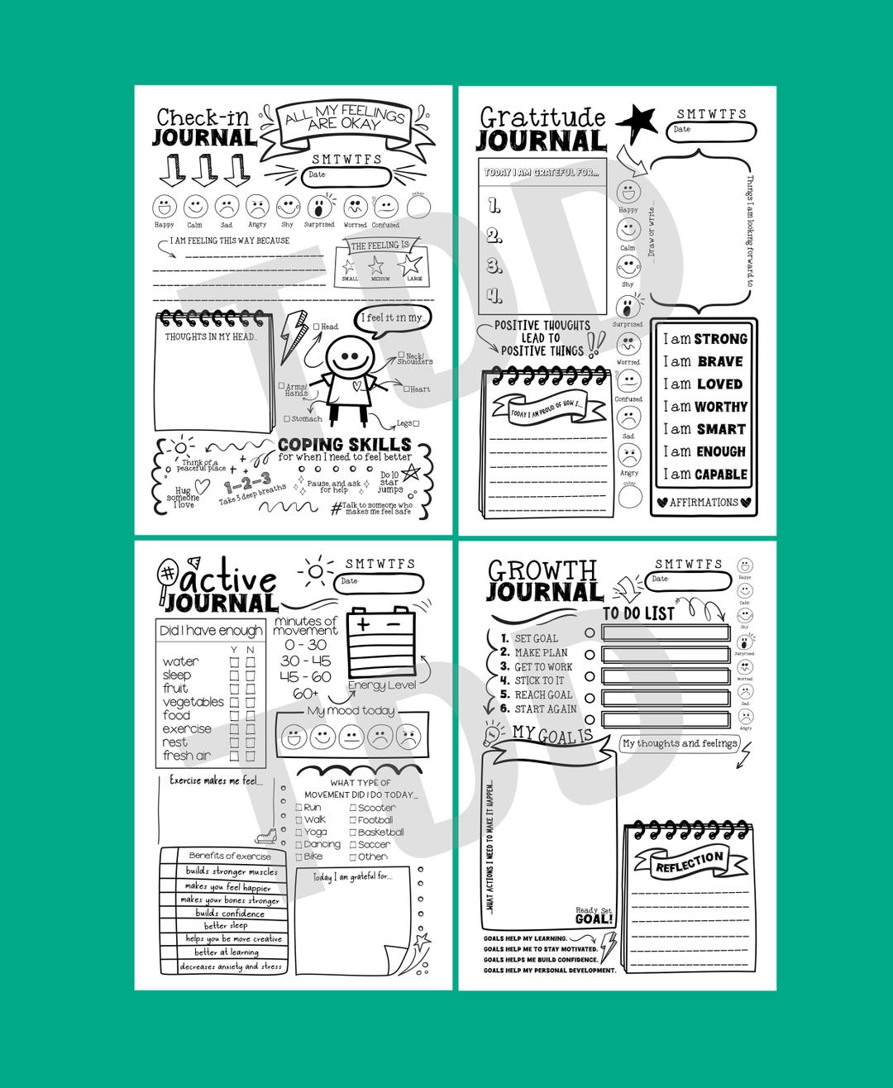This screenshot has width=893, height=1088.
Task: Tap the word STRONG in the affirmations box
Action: [720, 339]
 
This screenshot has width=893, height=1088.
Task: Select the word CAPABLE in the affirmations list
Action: [721, 475]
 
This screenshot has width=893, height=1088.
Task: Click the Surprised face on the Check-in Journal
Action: [319, 207]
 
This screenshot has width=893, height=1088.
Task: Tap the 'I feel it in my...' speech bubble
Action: [395, 318]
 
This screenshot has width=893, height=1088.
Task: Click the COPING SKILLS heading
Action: [344, 444]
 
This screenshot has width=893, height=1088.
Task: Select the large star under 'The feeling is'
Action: [410, 264]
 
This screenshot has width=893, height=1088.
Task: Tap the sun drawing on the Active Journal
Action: [315, 571]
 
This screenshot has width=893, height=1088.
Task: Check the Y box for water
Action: [234, 662]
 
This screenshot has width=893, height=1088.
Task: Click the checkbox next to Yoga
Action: [298, 833]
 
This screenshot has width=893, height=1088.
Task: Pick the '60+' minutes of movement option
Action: [305, 694]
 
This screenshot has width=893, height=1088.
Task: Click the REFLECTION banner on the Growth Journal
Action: [690, 862]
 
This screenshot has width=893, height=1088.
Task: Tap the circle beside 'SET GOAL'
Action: [590, 633]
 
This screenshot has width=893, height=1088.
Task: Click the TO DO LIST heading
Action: [638, 613]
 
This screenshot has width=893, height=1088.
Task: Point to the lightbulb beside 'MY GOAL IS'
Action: [494, 733]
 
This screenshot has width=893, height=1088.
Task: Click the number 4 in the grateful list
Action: [494, 294]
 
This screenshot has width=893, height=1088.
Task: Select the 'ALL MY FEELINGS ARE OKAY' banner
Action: [345, 120]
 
